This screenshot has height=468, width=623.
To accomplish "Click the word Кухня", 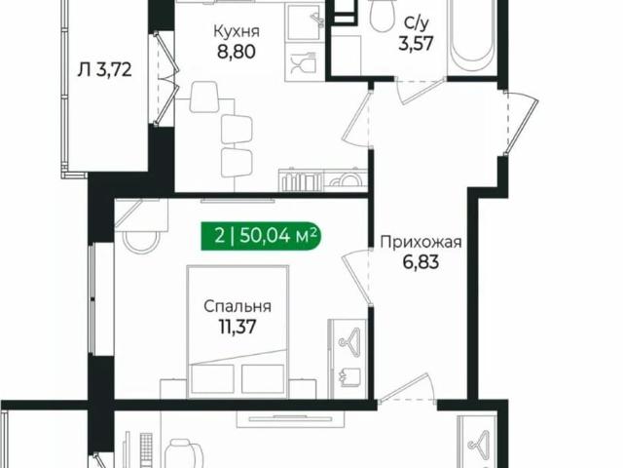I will tap(236, 29).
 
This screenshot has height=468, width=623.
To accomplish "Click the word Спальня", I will tap(237, 306).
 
